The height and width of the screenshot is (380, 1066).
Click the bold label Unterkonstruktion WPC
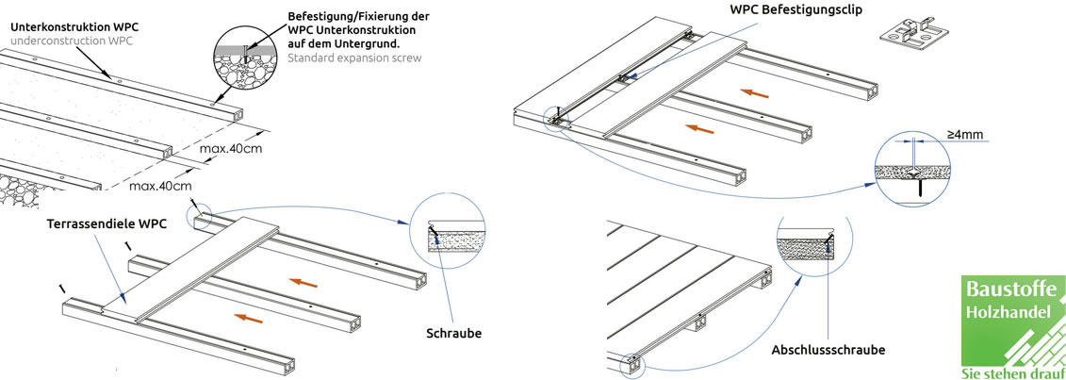(74, 27)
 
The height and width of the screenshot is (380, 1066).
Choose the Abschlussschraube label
(828, 351)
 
